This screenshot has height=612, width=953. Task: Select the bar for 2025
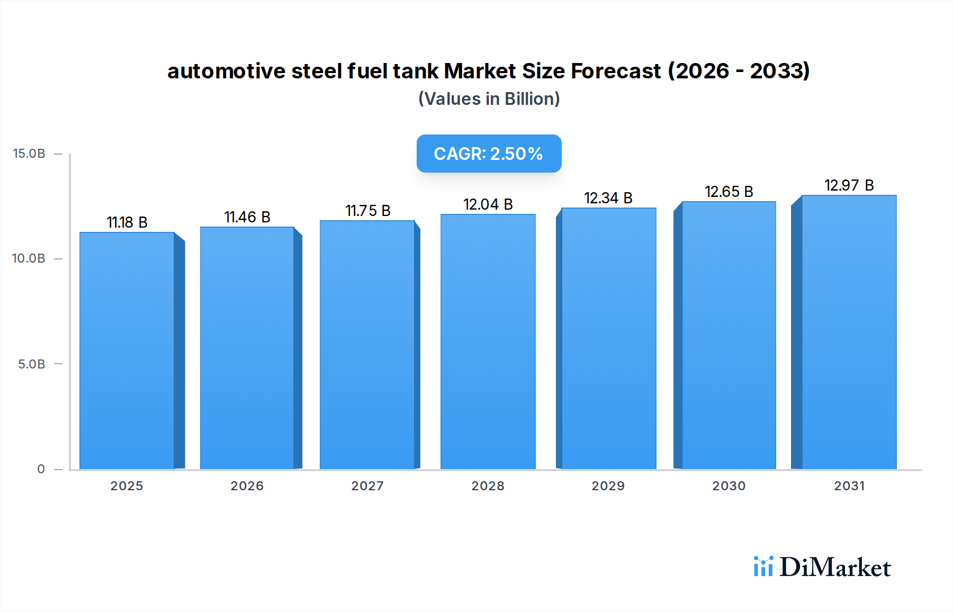(127, 350)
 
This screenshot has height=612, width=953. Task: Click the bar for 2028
(488, 341)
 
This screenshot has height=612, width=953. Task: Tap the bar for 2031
(849, 332)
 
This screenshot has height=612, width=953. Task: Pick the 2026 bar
(247, 348)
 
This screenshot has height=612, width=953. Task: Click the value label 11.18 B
(127, 222)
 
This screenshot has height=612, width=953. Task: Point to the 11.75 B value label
(368, 211)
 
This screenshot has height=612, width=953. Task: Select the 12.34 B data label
(608, 198)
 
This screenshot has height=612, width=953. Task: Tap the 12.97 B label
(849, 185)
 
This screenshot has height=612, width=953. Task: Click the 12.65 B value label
(729, 192)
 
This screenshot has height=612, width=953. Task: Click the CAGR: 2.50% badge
(489, 154)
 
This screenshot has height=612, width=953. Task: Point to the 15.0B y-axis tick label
(29, 154)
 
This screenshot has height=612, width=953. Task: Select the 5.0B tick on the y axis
(32, 364)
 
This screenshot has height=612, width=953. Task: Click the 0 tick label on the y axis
(41, 469)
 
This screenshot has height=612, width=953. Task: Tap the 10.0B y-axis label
(29, 258)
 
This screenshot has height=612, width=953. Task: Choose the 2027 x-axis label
(367, 486)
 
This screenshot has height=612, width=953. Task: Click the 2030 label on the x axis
(729, 486)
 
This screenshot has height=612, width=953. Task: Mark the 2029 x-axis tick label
(608, 486)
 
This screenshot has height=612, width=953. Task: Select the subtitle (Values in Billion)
(489, 99)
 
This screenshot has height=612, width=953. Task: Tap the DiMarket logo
(822, 567)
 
